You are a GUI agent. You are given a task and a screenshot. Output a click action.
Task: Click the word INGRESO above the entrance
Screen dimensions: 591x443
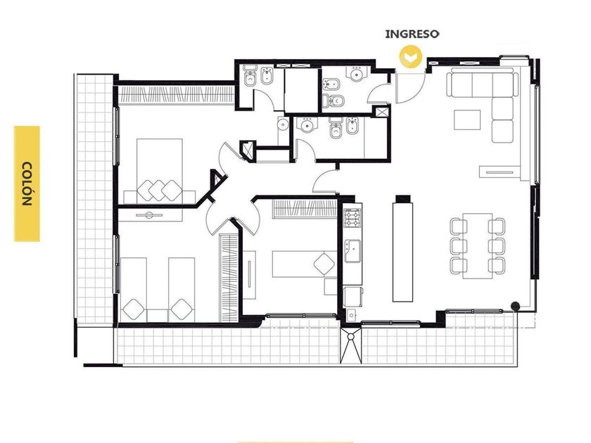point(412,34)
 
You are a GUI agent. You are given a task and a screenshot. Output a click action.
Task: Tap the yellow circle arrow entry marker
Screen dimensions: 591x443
point(410,57)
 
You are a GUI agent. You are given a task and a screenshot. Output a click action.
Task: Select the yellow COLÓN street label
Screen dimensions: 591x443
point(27,184)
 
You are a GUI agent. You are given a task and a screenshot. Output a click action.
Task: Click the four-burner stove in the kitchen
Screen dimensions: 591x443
point(352,218)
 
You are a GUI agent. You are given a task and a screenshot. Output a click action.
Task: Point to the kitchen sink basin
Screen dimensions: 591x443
point(352,251)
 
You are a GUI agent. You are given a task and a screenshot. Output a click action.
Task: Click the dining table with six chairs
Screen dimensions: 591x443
point(478,245)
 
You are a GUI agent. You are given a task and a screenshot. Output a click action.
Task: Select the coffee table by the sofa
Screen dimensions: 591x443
point(467,120)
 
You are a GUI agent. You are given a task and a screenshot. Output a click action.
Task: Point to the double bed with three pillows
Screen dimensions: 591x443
point(159,172)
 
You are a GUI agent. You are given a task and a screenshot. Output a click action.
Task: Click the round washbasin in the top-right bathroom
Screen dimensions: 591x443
point(357,74)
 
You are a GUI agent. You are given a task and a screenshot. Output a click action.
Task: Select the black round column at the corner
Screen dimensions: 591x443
point(515,307)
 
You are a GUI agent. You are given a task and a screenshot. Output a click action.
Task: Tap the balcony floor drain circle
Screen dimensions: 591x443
point(351,336)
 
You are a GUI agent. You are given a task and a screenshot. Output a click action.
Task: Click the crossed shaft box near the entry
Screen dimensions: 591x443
point(382,113)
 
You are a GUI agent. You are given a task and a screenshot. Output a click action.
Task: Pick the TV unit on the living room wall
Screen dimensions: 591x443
point(500,172)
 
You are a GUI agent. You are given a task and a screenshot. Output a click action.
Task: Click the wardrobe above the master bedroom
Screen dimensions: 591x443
point(177,94)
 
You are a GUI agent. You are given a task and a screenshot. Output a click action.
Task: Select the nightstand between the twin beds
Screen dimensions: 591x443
point(158,316)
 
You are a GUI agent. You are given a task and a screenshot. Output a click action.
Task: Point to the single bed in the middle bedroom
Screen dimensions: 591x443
point(304,264)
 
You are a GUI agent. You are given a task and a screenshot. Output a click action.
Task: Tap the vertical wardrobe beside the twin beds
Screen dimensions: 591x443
point(229,278)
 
